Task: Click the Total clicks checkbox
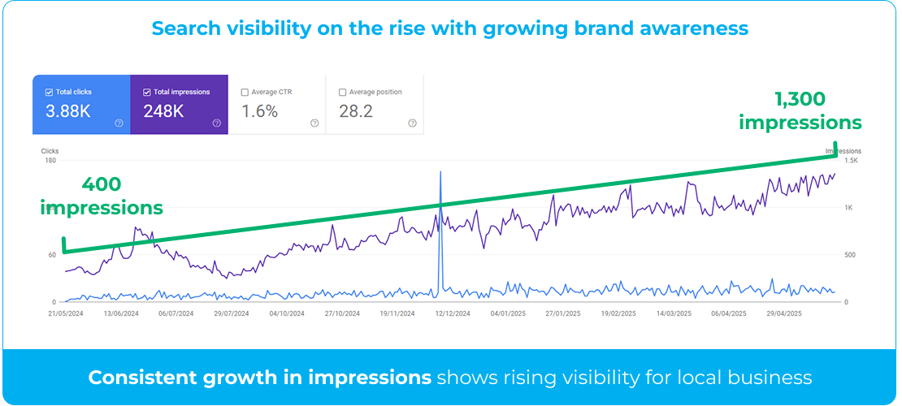[49, 92]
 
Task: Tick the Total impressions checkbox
[147, 92]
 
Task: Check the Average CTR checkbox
[245, 92]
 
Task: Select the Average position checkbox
[342, 92]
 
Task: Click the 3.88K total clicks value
[68, 111]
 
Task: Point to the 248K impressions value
[163, 111]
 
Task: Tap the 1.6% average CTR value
[259, 111]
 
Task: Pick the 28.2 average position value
[355, 111]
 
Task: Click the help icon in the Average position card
[412, 123]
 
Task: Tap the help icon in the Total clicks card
[119, 123]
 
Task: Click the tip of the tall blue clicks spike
[440, 171]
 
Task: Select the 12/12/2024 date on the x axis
[453, 314]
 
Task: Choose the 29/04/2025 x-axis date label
[784, 314]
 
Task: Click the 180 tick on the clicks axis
[50, 161]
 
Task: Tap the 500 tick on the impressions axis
[850, 255]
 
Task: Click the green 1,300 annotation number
[800, 100]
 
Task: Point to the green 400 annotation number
[102, 184]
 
